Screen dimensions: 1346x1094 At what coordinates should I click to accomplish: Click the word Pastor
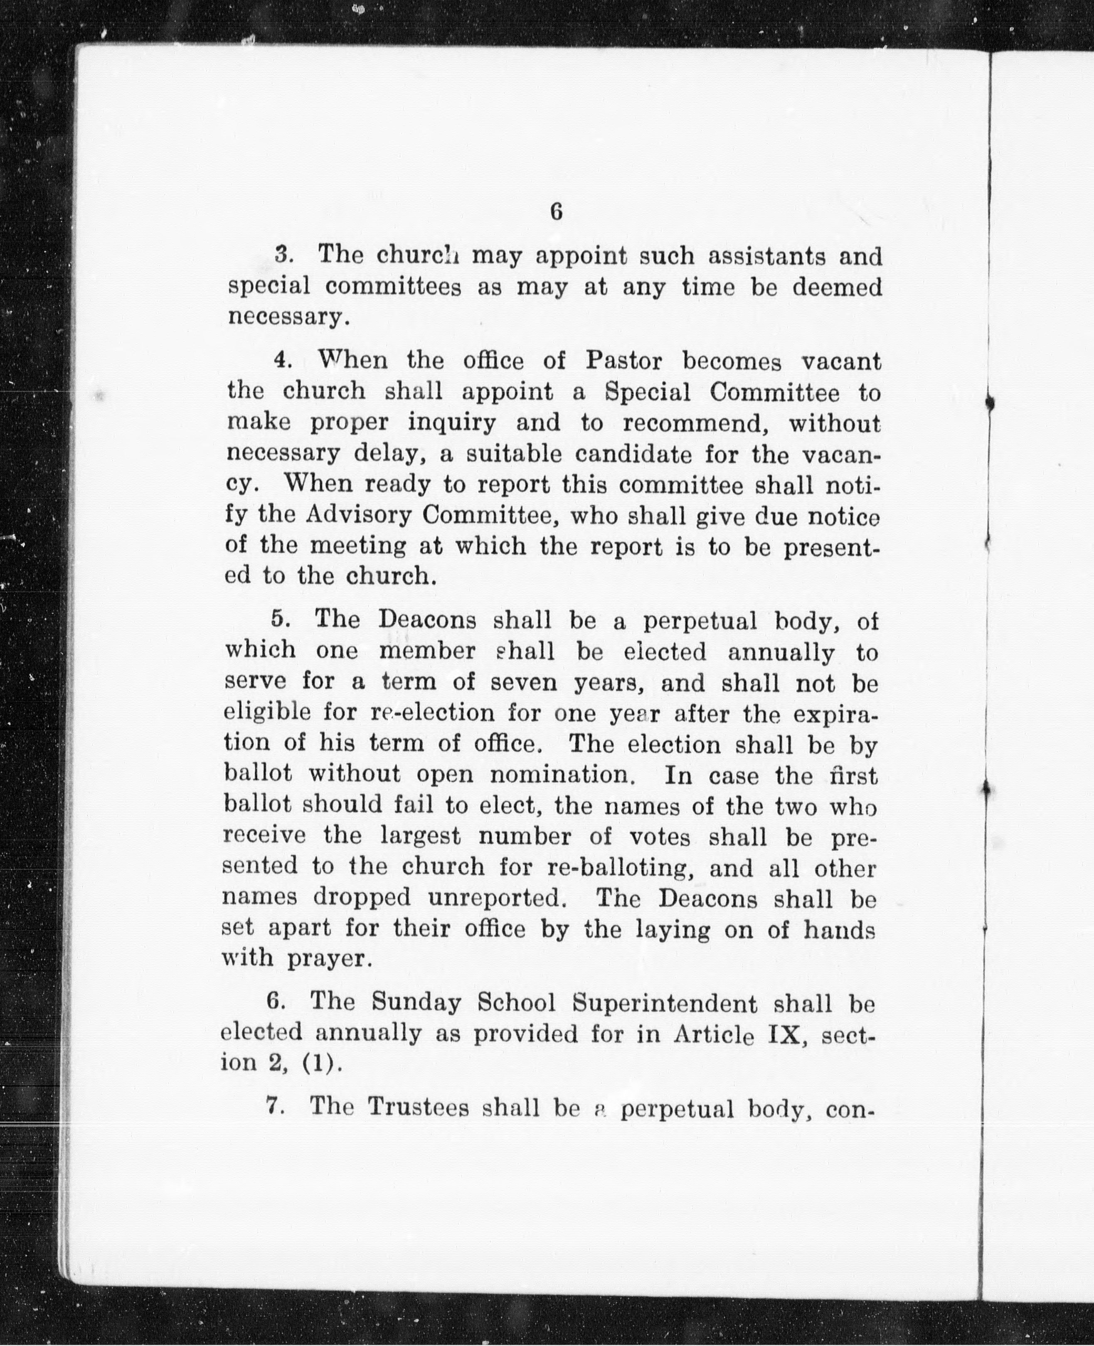624,361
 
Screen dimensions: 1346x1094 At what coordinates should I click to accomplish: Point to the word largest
420,836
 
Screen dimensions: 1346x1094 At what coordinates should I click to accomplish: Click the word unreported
494,898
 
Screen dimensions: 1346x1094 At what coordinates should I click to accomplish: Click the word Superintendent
664,1003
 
